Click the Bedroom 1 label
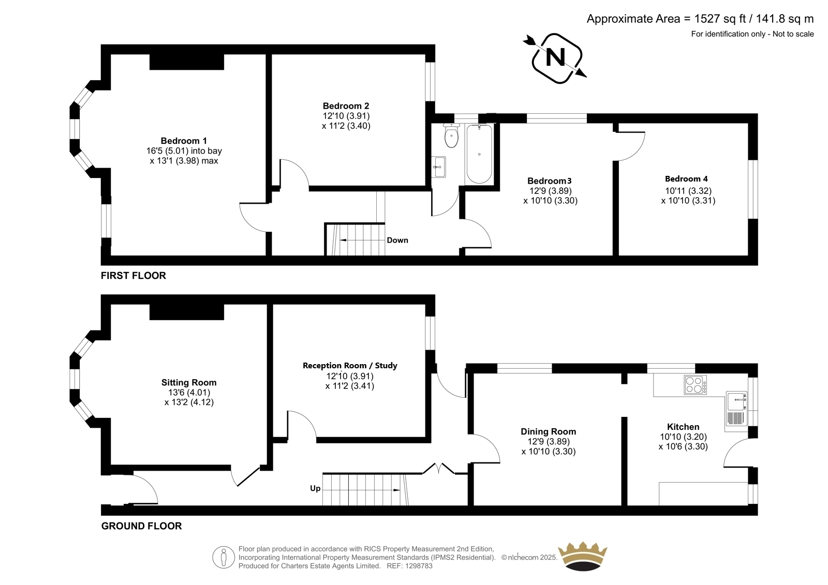184,141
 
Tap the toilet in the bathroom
451,135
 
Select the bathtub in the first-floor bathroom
479,154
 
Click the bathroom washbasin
439,167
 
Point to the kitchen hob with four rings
695,385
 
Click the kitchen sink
736,411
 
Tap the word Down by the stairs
397,240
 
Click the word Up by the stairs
315,489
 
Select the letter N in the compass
555,57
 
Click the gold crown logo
583,556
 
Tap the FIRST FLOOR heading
134,276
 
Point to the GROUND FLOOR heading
142,526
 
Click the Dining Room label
548,431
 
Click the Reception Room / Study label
350,366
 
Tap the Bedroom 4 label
686,179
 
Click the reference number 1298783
419,566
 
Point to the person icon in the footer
223,557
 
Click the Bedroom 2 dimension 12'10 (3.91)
346,116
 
